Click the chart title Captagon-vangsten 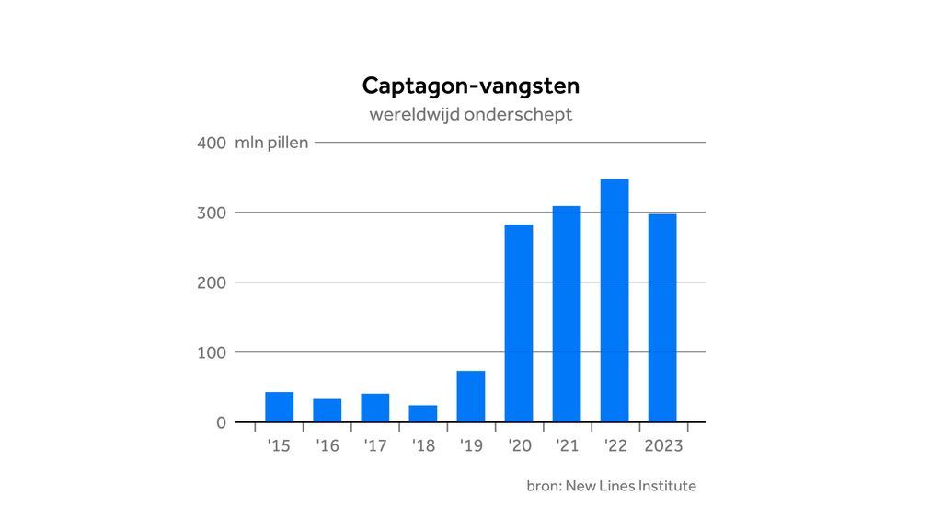tap(470, 86)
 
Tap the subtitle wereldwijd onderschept tap(470, 115)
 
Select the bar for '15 tap(280, 407)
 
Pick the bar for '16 tap(327, 410)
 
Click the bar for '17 tap(375, 408)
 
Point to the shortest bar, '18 tap(423, 413)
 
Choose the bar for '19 tap(471, 397)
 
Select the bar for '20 tap(519, 323)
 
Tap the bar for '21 tap(567, 314)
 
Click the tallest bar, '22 tap(615, 300)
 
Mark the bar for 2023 tap(662, 317)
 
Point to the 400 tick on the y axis tap(211, 143)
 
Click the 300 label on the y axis tap(211, 213)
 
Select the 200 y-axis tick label tap(211, 282)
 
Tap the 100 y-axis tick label tap(211, 352)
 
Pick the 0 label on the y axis tap(220, 422)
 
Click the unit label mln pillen tap(271, 143)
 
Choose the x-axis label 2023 tap(662, 446)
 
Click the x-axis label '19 tap(471, 446)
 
